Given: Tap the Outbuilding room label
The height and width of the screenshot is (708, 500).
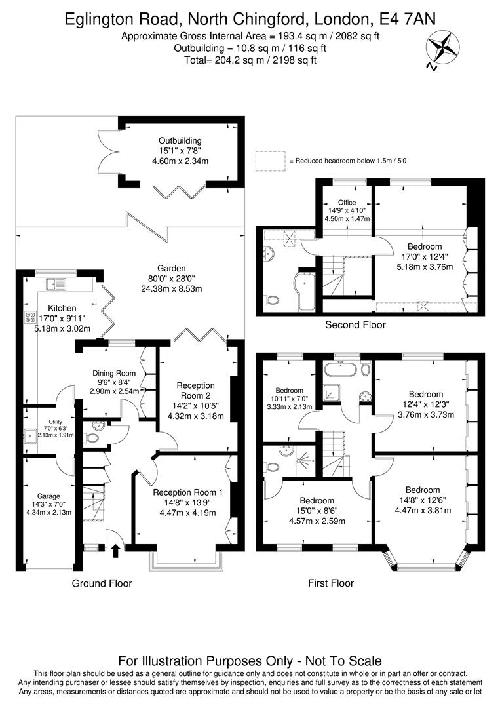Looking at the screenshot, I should [180, 140].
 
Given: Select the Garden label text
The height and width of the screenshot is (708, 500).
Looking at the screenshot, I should [171, 268].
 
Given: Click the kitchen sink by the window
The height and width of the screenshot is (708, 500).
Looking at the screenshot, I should [56, 284].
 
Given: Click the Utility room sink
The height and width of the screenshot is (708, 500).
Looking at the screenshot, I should [29, 435].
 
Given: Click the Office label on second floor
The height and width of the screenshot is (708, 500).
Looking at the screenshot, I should [347, 202].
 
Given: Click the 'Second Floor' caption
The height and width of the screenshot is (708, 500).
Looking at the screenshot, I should [355, 324].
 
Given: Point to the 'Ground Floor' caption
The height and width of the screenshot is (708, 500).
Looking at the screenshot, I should [102, 583].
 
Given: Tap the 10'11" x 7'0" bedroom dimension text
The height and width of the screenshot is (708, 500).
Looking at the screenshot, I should [289, 398].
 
